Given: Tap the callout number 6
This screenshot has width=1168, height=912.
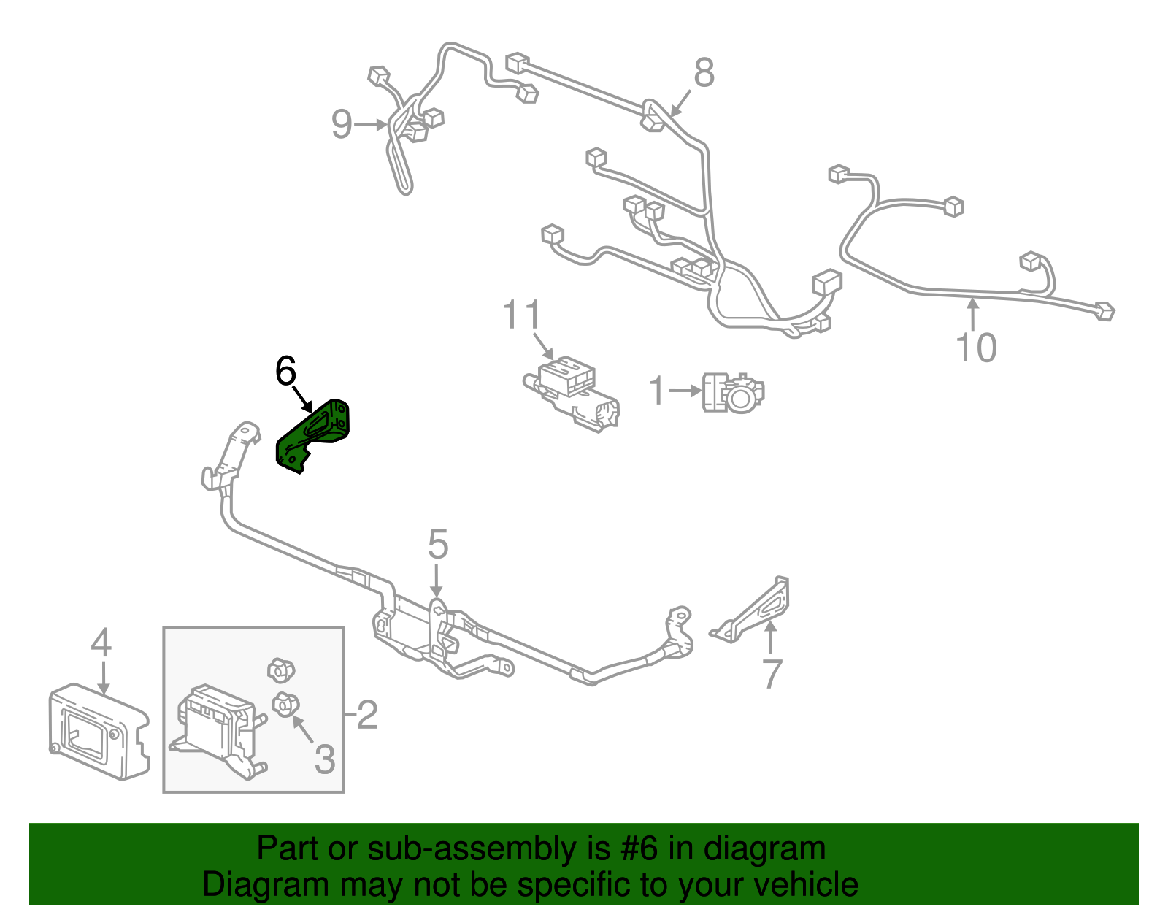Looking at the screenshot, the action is (x=285, y=370).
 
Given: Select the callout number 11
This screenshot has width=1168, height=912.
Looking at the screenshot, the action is (x=520, y=315).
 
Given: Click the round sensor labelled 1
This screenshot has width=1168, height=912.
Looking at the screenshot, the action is (x=734, y=393).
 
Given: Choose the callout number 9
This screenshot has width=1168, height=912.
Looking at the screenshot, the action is (x=342, y=124).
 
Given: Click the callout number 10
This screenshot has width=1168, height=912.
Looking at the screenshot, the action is (x=976, y=348).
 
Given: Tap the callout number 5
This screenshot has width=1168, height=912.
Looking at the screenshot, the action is (x=438, y=544).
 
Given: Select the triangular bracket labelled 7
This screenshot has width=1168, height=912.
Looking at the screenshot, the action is (x=753, y=610).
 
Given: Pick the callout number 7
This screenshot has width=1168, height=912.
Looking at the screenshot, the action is (x=772, y=673).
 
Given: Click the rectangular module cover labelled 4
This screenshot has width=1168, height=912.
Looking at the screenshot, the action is (x=99, y=731).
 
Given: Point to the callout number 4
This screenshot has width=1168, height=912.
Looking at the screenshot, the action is (x=101, y=643).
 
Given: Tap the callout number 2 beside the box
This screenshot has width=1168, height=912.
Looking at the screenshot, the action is (x=367, y=715).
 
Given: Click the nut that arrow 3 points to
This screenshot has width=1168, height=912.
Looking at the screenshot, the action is (x=285, y=705).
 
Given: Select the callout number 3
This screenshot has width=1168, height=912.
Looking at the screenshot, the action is (x=325, y=759).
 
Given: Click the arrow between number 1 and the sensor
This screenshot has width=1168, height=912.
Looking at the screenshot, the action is (x=685, y=391).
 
